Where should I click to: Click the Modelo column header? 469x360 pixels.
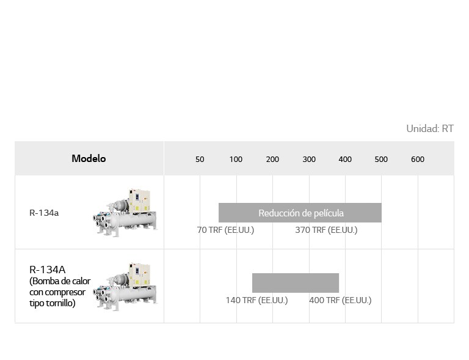tap(89, 158)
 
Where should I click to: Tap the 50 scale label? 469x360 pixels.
tap(200, 159)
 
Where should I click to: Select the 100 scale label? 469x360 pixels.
tap(236, 159)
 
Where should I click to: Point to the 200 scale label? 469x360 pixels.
tap(272, 159)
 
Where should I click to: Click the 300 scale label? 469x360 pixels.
tap(309, 159)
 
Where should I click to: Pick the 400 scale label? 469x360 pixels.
tap(345, 159)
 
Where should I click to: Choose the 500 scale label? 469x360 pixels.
tap(381, 159)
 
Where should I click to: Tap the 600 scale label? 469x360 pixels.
tap(418, 159)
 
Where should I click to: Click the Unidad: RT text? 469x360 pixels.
tap(430, 129)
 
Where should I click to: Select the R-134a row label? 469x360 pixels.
tap(44, 213)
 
